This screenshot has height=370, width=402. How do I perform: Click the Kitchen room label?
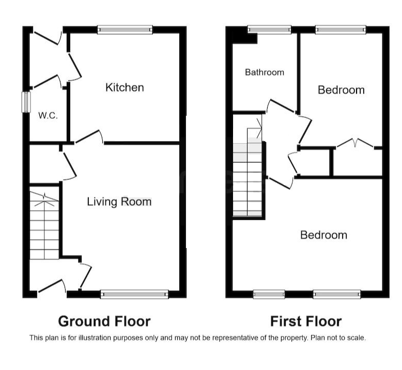(x=125, y=87)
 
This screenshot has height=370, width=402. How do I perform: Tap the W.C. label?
(x=48, y=115)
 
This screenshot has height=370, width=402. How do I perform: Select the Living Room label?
(x=119, y=202)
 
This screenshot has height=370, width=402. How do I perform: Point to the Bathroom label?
(x=265, y=72)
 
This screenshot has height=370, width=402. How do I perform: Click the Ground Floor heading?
(x=104, y=321)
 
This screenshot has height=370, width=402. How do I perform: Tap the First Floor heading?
(x=306, y=321)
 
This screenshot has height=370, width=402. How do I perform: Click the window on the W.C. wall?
(x=26, y=102)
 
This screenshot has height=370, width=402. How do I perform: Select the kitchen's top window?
(x=125, y=30)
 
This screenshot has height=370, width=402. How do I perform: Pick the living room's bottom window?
(x=134, y=295)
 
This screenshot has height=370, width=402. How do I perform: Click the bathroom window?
(x=269, y=29)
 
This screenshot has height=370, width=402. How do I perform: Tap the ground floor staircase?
(x=44, y=223)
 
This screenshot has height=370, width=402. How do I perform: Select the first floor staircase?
(x=248, y=177)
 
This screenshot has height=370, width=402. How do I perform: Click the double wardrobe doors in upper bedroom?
(x=355, y=143)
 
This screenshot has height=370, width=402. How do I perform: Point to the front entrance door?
(x=52, y=286)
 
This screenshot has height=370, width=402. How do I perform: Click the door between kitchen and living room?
(x=89, y=137)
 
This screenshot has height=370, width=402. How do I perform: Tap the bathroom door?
(x=281, y=106)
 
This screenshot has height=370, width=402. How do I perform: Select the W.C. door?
(x=46, y=81)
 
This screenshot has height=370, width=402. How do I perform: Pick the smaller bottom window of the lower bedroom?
(x=269, y=294)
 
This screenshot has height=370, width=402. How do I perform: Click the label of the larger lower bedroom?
(x=323, y=235)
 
